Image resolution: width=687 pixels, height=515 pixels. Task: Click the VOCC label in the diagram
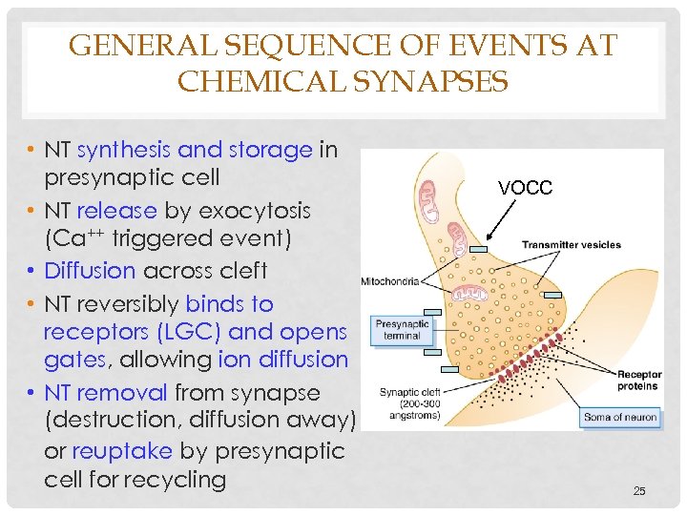[x=526, y=188]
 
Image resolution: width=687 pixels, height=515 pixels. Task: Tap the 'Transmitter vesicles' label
[x=571, y=245]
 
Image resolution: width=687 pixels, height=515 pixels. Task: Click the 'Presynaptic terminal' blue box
[x=403, y=330]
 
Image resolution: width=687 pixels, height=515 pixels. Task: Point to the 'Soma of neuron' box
[x=620, y=417]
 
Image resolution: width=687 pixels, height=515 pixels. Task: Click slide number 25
[x=639, y=491]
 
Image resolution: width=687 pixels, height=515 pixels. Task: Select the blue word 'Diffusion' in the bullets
[x=90, y=271]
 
